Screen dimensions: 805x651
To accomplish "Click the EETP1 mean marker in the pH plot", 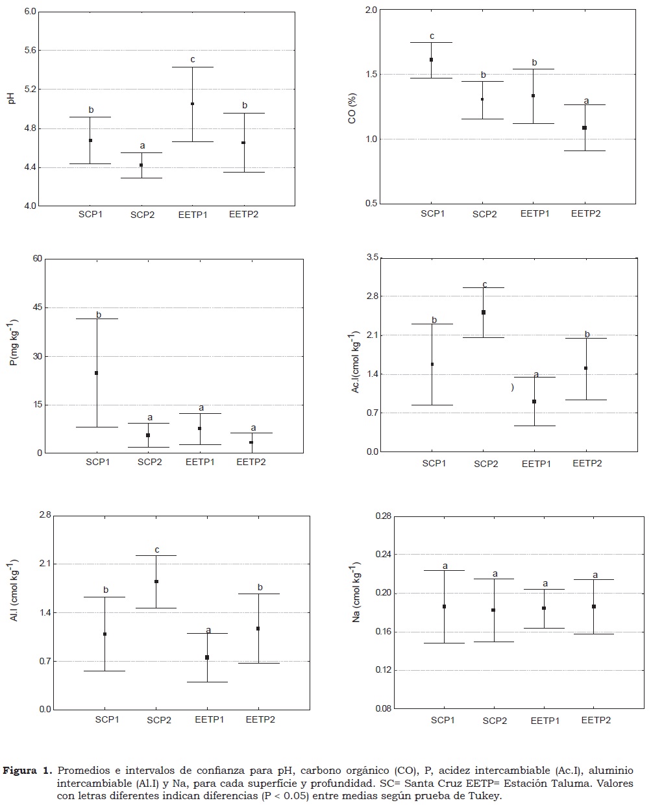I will (x=192, y=104).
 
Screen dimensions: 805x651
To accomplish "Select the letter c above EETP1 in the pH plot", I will (x=193, y=60).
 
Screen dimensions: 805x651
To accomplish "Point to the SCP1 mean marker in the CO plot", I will (x=431, y=60).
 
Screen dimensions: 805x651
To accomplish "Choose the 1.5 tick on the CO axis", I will (x=371, y=75).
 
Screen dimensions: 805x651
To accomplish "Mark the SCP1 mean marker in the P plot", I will (x=97, y=373).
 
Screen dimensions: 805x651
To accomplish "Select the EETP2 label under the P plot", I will (x=251, y=463).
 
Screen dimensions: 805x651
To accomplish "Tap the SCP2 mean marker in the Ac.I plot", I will (x=484, y=312).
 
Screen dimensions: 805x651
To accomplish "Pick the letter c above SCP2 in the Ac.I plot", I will (x=484, y=284).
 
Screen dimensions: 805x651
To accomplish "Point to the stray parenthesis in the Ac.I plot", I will (x=512, y=387).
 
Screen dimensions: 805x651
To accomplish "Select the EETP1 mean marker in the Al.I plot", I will (x=207, y=657).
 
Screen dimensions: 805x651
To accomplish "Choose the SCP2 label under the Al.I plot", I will (x=159, y=719).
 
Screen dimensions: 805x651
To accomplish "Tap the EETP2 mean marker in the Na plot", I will (x=594, y=607).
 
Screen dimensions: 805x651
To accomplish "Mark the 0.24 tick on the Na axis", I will (x=367, y=555).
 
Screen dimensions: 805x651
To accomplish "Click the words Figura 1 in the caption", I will (x=27, y=771).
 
